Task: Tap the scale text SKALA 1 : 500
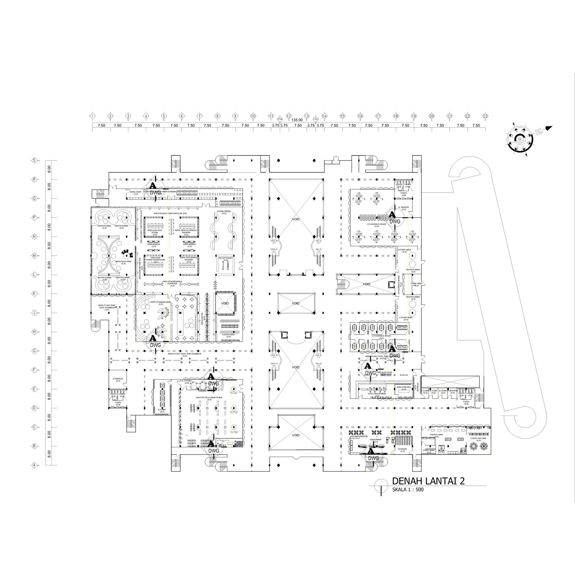[x=408, y=499]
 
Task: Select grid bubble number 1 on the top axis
[x=93, y=116]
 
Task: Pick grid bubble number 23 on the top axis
[x=485, y=116]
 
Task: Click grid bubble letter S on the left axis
[x=35, y=161]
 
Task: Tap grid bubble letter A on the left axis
[x=35, y=465]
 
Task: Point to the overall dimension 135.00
[x=297, y=120]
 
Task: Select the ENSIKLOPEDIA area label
[x=224, y=211]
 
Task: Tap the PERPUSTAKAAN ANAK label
[x=161, y=302]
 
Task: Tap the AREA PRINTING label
[x=404, y=387]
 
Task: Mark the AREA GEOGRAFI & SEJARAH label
[x=188, y=258]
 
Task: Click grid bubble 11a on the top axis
[x=280, y=119]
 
